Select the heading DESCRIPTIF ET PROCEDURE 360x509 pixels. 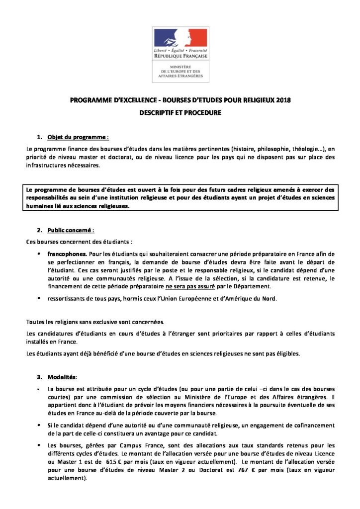pyautogui.click(x=180, y=113)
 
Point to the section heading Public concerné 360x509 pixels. pyautogui.click(x=70, y=230)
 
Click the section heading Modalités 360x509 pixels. pyautogui.click(x=62, y=376)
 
